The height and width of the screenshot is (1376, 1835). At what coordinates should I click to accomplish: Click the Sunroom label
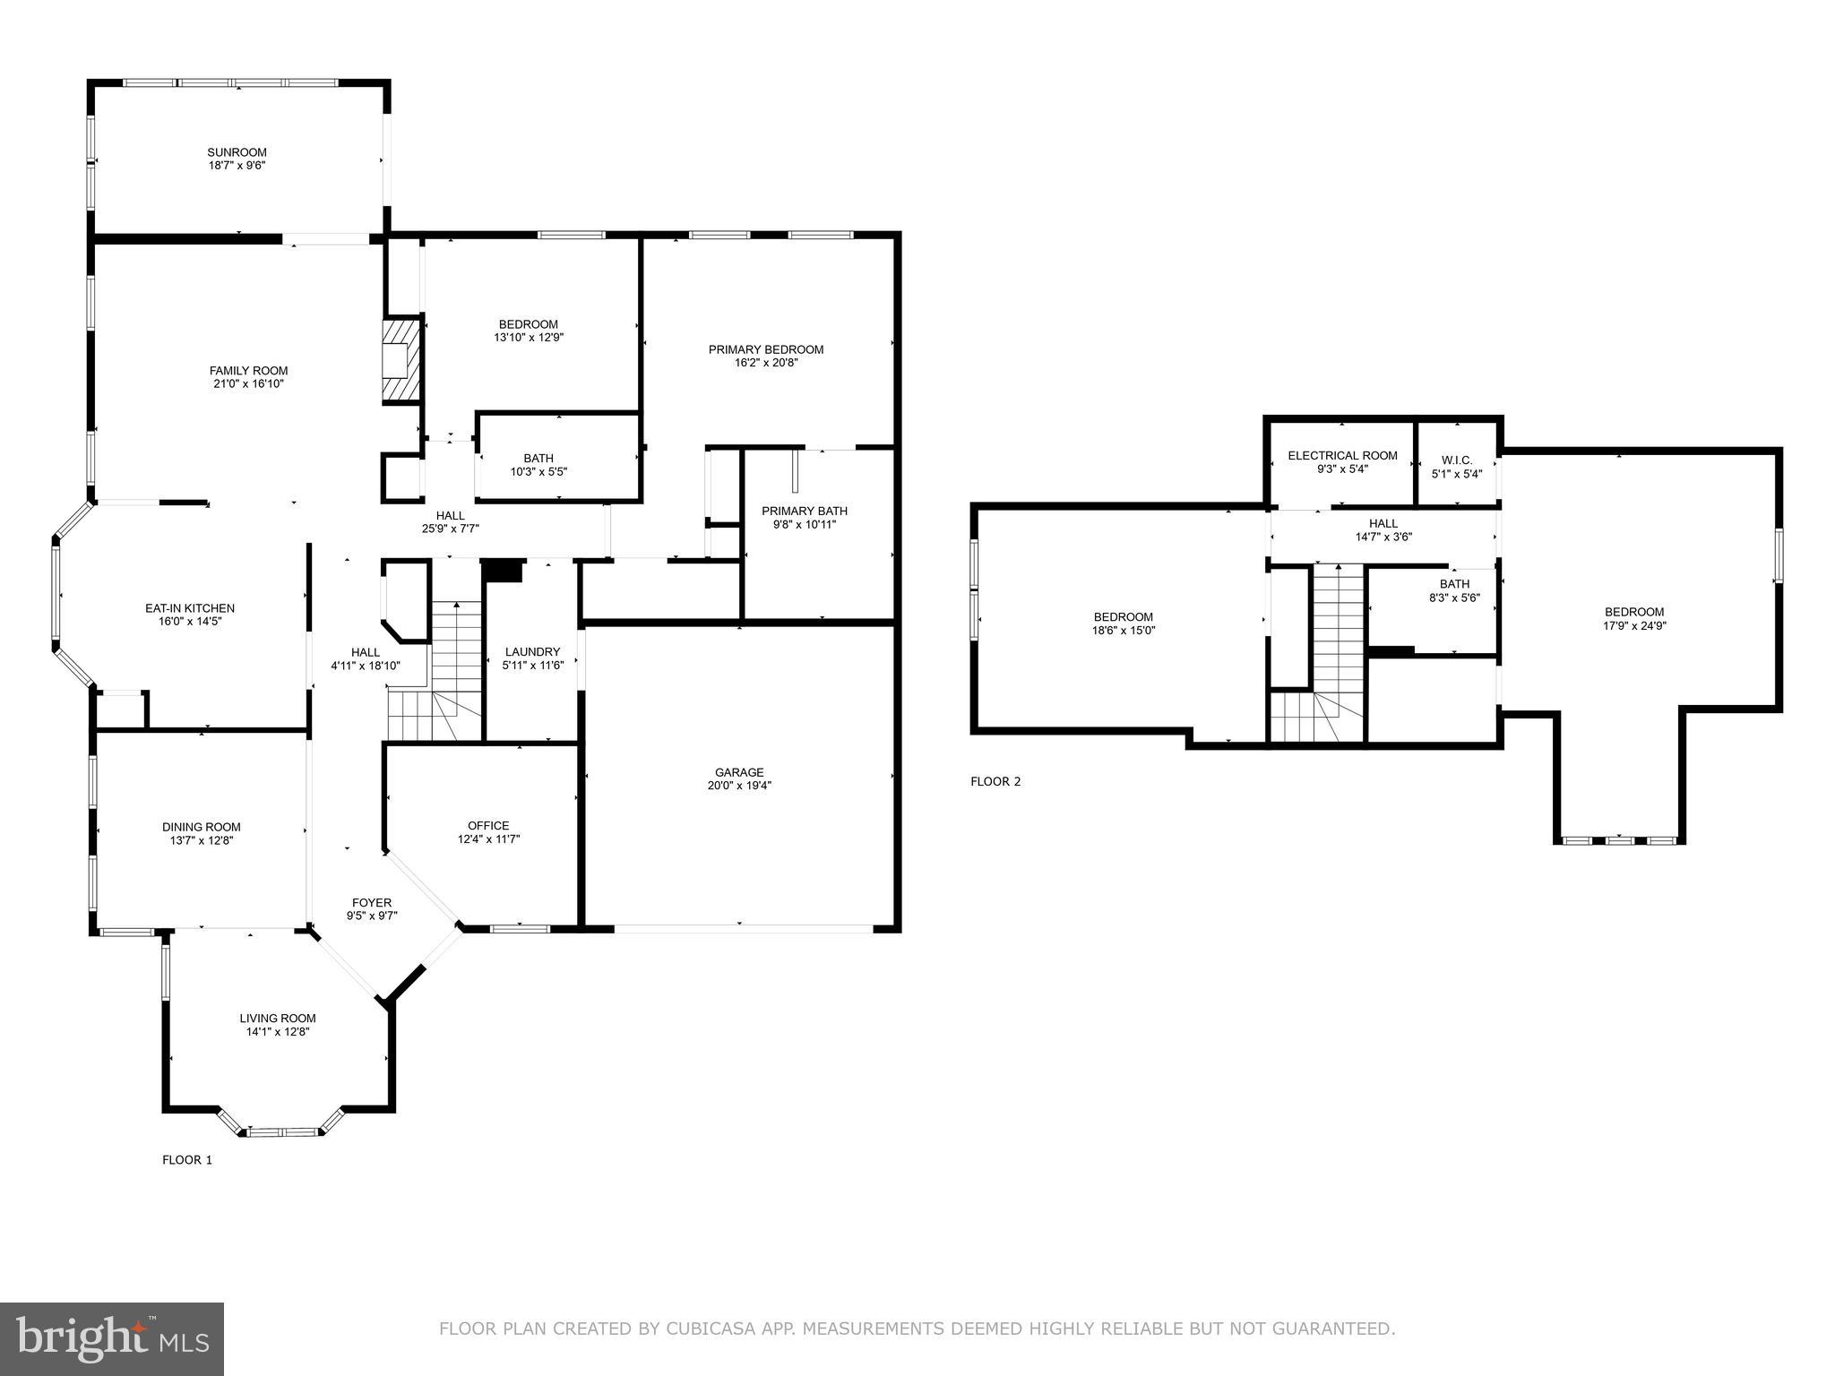click(237, 152)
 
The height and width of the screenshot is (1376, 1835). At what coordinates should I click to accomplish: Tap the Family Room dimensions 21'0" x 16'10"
click(248, 384)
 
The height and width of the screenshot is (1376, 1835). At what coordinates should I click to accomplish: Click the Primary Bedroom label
click(765, 349)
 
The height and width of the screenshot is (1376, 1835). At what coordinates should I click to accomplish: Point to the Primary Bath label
click(804, 511)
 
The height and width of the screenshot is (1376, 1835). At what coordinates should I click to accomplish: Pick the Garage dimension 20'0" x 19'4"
click(738, 786)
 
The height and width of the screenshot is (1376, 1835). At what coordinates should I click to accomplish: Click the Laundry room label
click(532, 651)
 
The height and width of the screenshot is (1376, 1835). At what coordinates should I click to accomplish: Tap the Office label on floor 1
click(488, 825)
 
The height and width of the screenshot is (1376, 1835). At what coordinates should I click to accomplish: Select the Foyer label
click(371, 902)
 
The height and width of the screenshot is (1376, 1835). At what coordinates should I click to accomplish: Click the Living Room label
click(277, 1018)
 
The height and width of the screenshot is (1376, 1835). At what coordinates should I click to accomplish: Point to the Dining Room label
click(201, 827)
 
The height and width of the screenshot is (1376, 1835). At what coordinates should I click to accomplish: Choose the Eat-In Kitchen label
click(189, 608)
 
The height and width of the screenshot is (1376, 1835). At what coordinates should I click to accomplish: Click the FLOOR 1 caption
click(186, 1159)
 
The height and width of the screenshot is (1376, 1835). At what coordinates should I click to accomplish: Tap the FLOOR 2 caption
click(995, 781)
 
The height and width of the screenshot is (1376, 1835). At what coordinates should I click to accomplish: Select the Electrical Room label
click(1342, 455)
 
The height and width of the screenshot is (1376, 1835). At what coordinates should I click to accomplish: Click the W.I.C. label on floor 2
click(1456, 460)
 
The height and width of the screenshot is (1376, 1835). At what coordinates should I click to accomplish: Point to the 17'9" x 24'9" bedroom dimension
click(1634, 626)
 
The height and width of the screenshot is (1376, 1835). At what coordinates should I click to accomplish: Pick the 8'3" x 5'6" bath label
click(1454, 598)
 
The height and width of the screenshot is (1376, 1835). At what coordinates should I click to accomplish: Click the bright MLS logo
click(111, 1338)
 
